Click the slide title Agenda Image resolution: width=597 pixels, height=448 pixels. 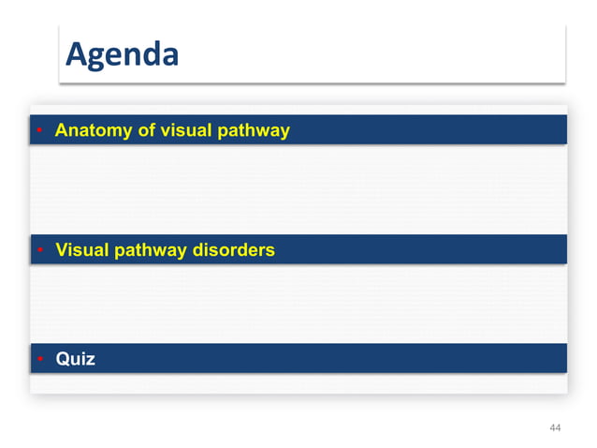click(x=122, y=54)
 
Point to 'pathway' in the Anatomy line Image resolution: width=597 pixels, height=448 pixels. click(x=254, y=130)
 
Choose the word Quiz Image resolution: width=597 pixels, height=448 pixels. click(x=75, y=359)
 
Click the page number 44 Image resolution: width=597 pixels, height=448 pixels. click(x=555, y=427)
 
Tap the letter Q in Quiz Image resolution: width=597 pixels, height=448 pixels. click(x=63, y=359)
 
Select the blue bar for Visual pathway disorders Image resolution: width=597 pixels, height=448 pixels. click(x=421, y=250)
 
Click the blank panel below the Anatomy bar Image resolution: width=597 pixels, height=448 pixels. click(x=299, y=187)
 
